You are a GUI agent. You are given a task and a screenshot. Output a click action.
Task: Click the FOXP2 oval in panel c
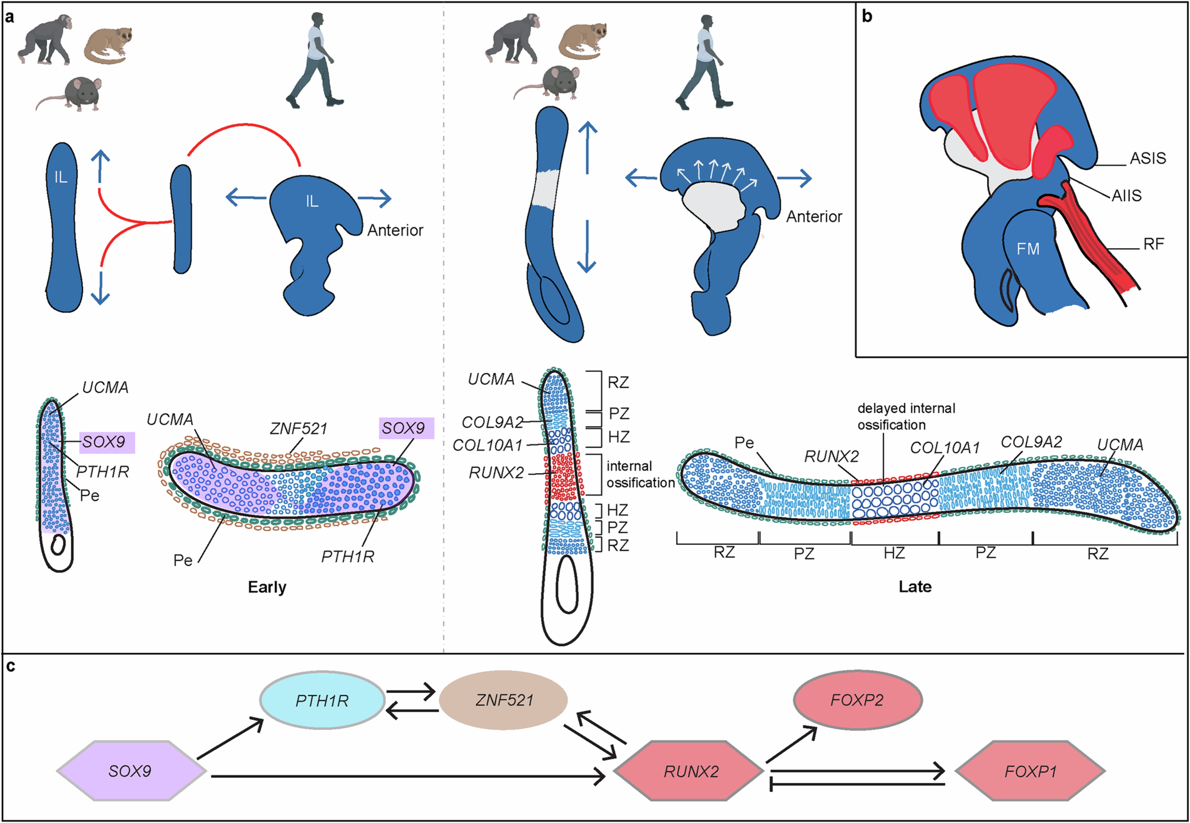857,700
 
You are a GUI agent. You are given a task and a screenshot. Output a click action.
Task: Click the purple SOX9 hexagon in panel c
131,771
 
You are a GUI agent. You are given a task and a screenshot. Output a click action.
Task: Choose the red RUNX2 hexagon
690,771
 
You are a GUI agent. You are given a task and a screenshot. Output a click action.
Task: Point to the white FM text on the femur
1027,249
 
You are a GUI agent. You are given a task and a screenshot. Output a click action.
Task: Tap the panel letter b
867,17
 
